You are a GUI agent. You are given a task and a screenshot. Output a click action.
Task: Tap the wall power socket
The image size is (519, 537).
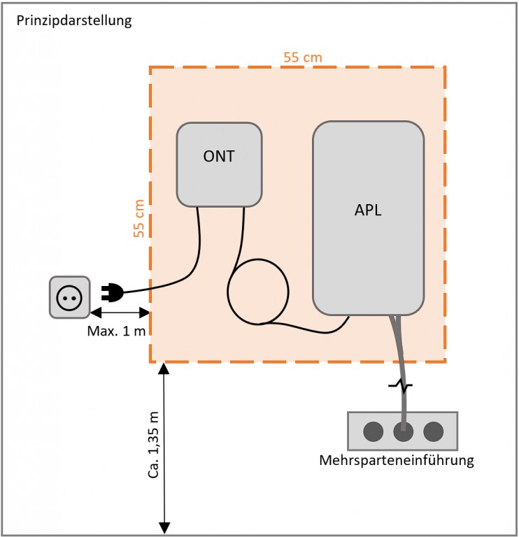(69, 297)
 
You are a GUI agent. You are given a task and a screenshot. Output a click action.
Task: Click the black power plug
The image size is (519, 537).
(112, 292)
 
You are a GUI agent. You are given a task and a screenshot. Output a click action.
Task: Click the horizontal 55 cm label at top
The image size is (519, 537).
(303, 57)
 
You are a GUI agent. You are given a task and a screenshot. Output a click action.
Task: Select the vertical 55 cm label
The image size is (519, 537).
(139, 218)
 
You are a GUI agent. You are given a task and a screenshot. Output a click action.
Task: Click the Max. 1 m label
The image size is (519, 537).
(117, 331)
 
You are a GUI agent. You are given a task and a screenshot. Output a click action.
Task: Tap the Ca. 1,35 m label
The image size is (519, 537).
(153, 443)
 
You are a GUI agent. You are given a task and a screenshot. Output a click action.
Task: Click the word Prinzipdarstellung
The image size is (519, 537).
(73, 20)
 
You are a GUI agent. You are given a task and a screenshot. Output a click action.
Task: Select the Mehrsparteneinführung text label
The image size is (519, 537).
(397, 461)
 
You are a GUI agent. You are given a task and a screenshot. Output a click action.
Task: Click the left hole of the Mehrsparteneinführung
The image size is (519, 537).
(372, 431)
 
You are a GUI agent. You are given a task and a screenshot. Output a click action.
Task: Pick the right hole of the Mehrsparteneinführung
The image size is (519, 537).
(434, 431)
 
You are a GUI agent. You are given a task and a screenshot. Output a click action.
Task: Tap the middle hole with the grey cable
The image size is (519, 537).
(403, 431)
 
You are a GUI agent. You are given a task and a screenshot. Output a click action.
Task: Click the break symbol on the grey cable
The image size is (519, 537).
(401, 385)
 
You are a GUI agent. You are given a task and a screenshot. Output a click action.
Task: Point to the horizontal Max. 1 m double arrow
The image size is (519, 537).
(120, 312)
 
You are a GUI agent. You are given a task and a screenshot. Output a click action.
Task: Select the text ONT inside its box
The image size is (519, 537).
(219, 157)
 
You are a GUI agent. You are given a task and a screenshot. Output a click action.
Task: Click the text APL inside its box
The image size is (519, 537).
(368, 210)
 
